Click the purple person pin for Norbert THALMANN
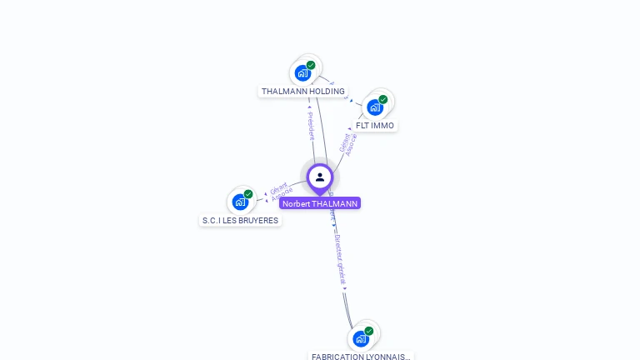(x=320, y=177)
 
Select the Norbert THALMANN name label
(x=320, y=203)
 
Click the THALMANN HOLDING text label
(x=303, y=92)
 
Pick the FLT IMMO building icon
(x=374, y=107)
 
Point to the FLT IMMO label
(x=375, y=126)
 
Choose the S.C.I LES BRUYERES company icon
(x=240, y=202)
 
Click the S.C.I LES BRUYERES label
(x=240, y=221)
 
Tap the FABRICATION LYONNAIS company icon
(x=360, y=338)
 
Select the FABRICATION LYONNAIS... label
(x=361, y=357)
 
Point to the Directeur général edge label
(x=338, y=259)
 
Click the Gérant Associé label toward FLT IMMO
(x=348, y=144)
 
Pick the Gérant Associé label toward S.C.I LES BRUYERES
(x=282, y=192)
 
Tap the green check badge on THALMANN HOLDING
(x=311, y=65)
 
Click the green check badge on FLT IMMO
(x=383, y=100)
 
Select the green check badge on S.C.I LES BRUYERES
(x=248, y=194)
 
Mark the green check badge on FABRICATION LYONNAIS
(x=369, y=331)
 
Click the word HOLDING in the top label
(x=324, y=92)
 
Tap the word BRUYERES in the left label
(x=259, y=221)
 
